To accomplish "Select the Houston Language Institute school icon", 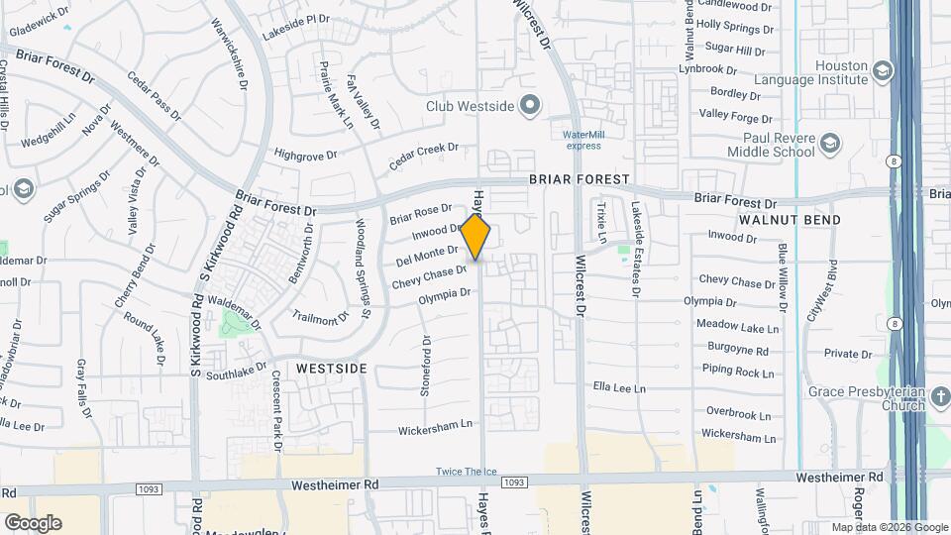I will click(883, 70).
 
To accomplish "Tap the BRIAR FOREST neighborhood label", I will click(579, 179).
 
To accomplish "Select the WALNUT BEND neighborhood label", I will click(790, 220).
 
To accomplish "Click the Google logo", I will click(33, 522).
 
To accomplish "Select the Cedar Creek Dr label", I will click(424, 155).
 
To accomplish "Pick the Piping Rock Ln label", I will click(737, 372).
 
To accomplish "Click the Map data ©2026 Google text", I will click(889, 527).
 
